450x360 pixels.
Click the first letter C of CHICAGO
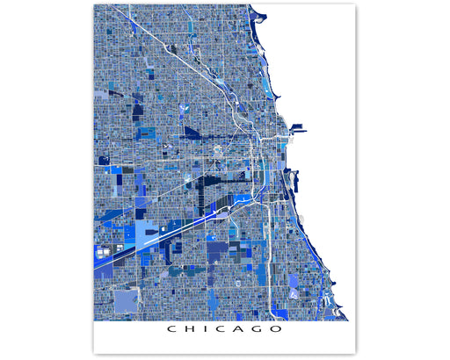(x=169, y=331)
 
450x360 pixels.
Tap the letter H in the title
(x=186, y=331)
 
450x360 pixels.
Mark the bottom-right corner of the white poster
(x=356, y=353)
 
